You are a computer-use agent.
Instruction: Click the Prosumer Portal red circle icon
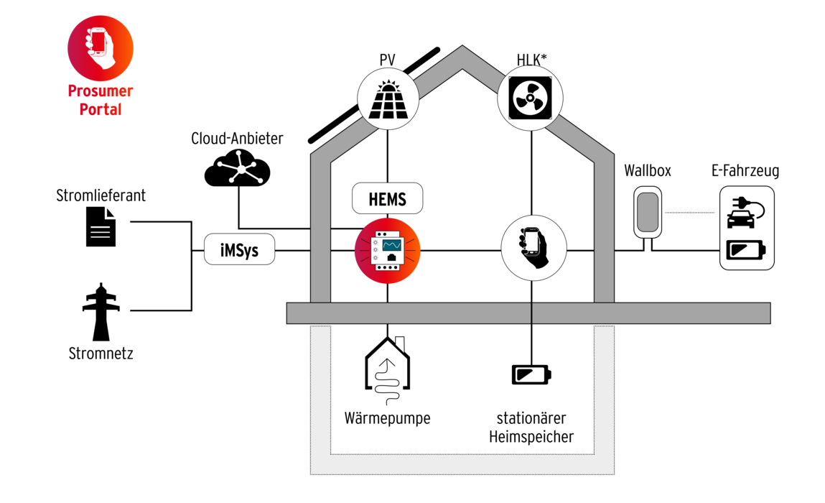101,48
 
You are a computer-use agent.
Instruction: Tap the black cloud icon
237,167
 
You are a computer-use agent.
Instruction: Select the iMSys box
239,249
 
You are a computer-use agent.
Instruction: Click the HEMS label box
387,198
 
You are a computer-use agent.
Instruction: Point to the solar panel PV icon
388,99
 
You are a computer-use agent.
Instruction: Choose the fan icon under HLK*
531,98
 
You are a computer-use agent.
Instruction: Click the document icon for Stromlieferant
101,226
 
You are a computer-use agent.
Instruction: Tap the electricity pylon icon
101,312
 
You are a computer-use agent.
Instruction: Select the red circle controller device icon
387,251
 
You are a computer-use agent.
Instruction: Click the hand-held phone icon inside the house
533,248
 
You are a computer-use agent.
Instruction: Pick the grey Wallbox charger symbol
647,212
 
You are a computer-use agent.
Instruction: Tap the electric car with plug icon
745,213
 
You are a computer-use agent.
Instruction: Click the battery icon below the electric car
746,249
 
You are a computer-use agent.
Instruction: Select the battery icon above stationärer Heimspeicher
531,374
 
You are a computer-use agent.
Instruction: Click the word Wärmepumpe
387,418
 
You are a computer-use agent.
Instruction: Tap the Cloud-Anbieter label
237,139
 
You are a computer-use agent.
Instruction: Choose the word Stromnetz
101,353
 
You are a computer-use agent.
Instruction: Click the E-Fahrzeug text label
745,170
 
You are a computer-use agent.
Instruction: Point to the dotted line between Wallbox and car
690,212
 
